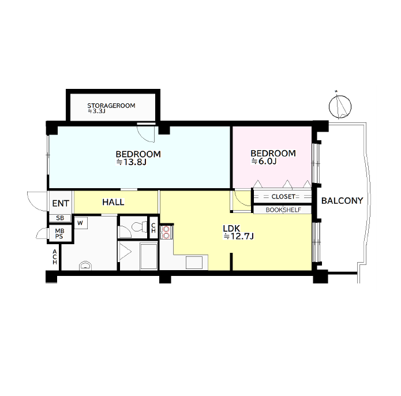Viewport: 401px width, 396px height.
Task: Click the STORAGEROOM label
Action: pos(111,106)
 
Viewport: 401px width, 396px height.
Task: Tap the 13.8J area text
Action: pos(131,162)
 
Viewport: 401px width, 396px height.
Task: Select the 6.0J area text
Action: pos(264,162)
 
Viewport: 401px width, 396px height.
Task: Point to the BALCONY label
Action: pos(342,201)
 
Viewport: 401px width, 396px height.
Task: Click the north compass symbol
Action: pos(340,106)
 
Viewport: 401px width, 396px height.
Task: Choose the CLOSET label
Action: pos(283,196)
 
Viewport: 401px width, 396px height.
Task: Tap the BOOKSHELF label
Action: pos(283,210)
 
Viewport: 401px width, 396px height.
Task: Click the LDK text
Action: pos(231,229)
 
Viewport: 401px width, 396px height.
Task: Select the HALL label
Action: pos(113,203)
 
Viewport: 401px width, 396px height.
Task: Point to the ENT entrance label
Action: pos(61,204)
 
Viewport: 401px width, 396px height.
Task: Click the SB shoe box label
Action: pos(60,218)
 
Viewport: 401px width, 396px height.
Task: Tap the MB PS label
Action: pos(59,234)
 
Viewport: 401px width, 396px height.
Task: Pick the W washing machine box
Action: pos(81,223)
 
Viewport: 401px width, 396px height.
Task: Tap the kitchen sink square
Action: pos(194,263)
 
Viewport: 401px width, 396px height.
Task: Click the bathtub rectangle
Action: pos(149,256)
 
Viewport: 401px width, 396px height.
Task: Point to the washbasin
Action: pos(85,266)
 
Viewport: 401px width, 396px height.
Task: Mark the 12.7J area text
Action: pos(239,236)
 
